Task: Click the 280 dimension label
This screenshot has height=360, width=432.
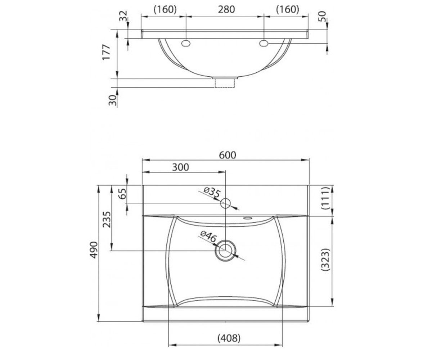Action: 226,9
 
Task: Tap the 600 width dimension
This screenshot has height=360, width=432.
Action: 228,155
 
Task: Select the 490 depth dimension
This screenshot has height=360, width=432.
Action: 94,250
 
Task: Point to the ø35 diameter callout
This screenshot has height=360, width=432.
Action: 212,192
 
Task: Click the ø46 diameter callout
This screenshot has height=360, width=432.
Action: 208,237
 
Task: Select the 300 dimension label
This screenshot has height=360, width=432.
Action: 180,167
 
